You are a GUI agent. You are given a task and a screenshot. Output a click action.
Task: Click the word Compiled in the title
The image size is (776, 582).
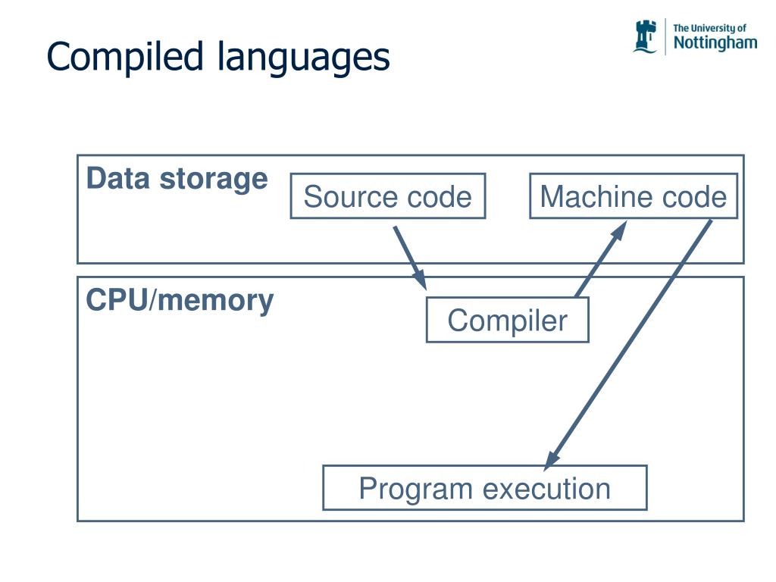point(125,56)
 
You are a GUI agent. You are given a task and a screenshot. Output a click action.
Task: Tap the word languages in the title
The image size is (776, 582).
point(303,58)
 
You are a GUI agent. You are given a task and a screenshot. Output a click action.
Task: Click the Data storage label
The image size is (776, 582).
point(177,179)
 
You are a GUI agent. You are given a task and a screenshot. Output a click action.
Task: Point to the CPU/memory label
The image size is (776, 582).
point(180,301)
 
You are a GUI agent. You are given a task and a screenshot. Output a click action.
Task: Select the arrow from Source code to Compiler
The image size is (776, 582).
point(410,258)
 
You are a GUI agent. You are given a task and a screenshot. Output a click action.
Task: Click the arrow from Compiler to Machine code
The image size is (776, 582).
point(601,259)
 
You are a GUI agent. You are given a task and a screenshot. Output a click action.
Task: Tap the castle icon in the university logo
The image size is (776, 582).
point(646,36)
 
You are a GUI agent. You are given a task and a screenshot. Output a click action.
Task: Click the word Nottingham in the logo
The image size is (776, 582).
point(715,43)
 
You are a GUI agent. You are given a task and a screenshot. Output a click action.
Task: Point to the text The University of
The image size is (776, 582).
point(709,28)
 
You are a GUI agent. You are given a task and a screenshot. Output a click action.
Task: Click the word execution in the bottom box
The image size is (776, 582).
point(546,489)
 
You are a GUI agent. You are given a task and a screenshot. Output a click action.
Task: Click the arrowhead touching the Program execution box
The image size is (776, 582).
point(552,460)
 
